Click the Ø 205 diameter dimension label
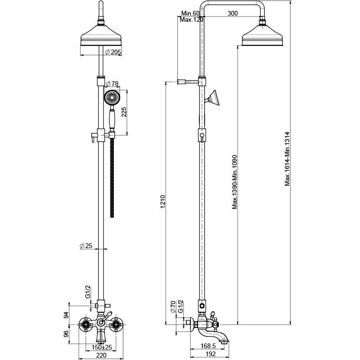click(x=113, y=52)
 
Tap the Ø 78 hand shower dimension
click(x=112, y=84)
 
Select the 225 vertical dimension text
click(x=124, y=112)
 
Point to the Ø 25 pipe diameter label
click(x=86, y=246)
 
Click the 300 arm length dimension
click(x=232, y=13)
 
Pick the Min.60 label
click(x=190, y=13)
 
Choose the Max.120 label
click(x=191, y=19)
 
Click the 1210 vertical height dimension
click(x=163, y=202)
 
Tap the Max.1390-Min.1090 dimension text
click(x=234, y=182)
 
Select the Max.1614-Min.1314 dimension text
click(x=287, y=159)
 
